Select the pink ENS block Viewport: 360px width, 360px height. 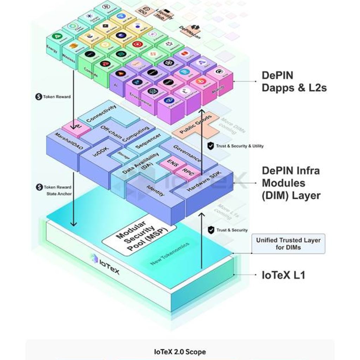[x=173, y=163]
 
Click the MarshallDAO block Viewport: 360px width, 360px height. [x=69, y=141]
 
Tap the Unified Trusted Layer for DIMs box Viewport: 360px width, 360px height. [x=288, y=244]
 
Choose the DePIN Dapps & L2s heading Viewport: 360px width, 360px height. [x=294, y=82]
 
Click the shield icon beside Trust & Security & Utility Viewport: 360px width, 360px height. [x=210, y=146]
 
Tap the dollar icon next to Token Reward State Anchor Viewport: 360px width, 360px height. [x=39, y=187]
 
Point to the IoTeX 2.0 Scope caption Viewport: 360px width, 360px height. [x=180, y=352]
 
